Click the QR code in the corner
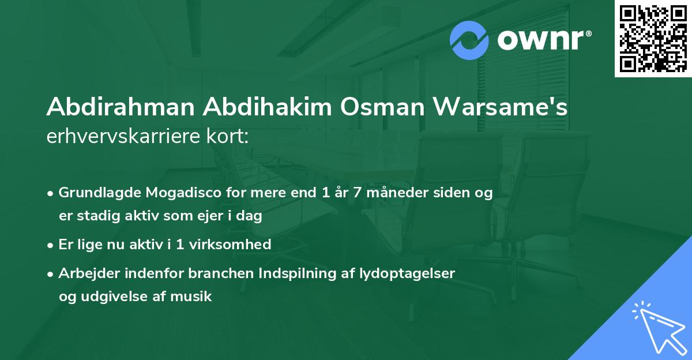click(x=653, y=39)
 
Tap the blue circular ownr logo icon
click(x=469, y=40)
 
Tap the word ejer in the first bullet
click(x=209, y=216)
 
